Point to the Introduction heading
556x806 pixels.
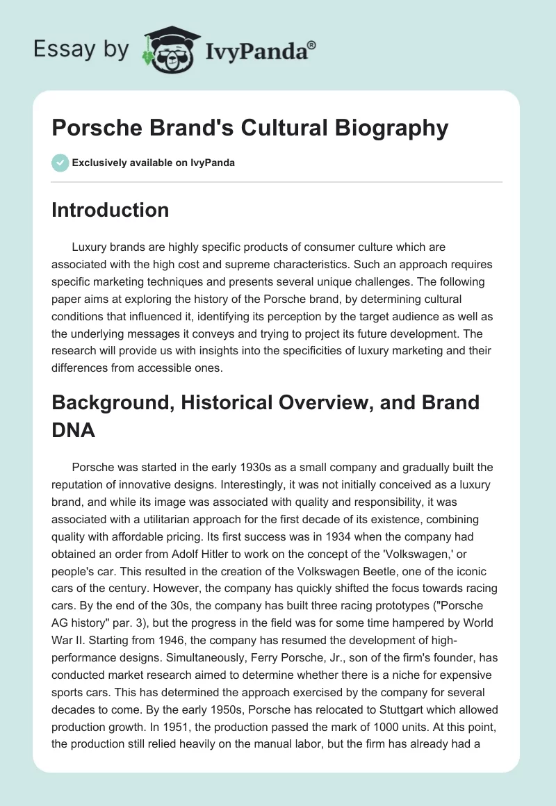110,210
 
